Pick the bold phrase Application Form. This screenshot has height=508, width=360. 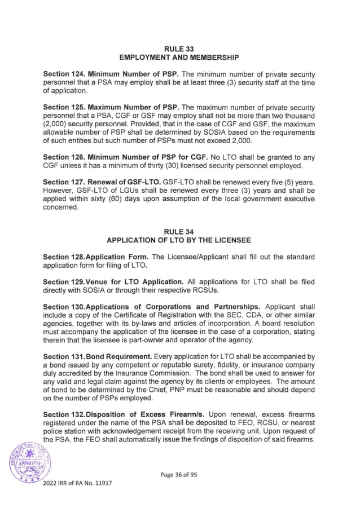(x=122, y=257)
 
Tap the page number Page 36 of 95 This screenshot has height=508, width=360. (x=179, y=474)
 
